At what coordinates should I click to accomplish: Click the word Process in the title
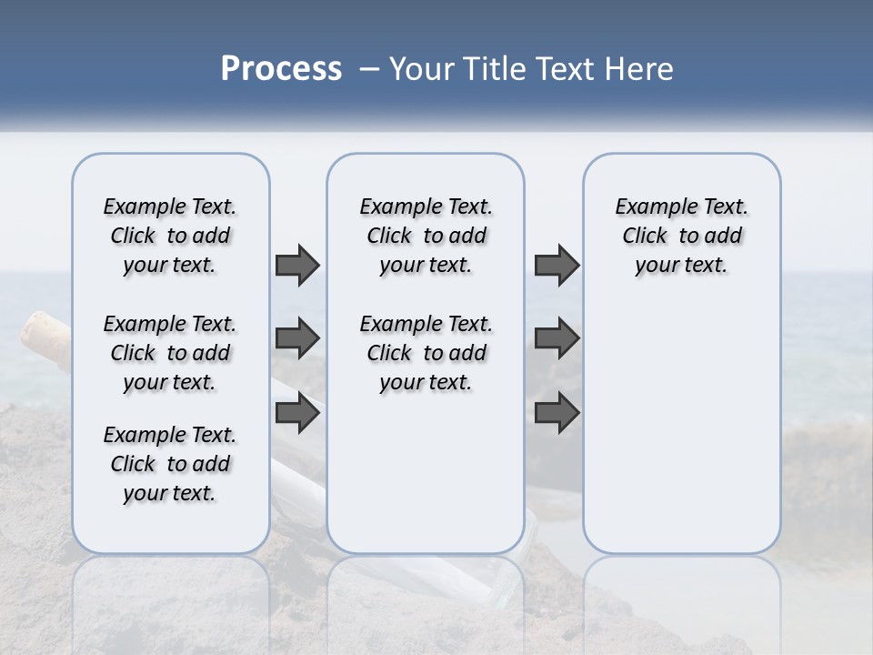coord(281,69)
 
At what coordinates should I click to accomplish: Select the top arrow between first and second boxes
coord(297,265)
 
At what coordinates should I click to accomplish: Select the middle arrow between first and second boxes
coord(297,338)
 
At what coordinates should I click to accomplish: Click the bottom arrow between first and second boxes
coord(297,413)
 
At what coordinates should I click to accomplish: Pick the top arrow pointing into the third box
coord(557,265)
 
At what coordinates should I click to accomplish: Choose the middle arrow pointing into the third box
coord(557,338)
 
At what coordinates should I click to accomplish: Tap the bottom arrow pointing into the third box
coord(557,413)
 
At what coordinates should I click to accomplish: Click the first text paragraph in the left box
coord(170,236)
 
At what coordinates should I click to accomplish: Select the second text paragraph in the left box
coord(170,353)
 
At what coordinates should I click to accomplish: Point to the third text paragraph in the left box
coord(170,464)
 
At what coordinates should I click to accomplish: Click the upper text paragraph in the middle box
coord(426,236)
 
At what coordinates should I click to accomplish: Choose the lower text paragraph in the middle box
coord(426,353)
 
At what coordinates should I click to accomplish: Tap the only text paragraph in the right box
coord(681,236)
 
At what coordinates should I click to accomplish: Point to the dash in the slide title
coord(369,69)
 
